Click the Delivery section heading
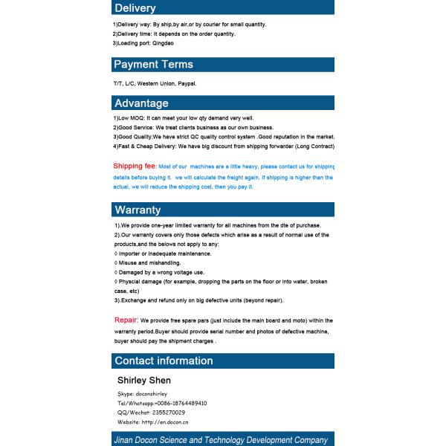click(x=135, y=8)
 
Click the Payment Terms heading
click(x=153, y=65)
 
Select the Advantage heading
click(x=141, y=103)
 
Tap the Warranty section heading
click(x=138, y=210)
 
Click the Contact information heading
click(x=164, y=361)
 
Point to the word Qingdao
click(x=163, y=43)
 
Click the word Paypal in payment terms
click(x=187, y=83)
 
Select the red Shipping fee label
click(x=135, y=166)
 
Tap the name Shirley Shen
click(x=144, y=380)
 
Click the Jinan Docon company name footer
click(x=221, y=440)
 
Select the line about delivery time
click(x=174, y=33)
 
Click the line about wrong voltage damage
click(x=161, y=273)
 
